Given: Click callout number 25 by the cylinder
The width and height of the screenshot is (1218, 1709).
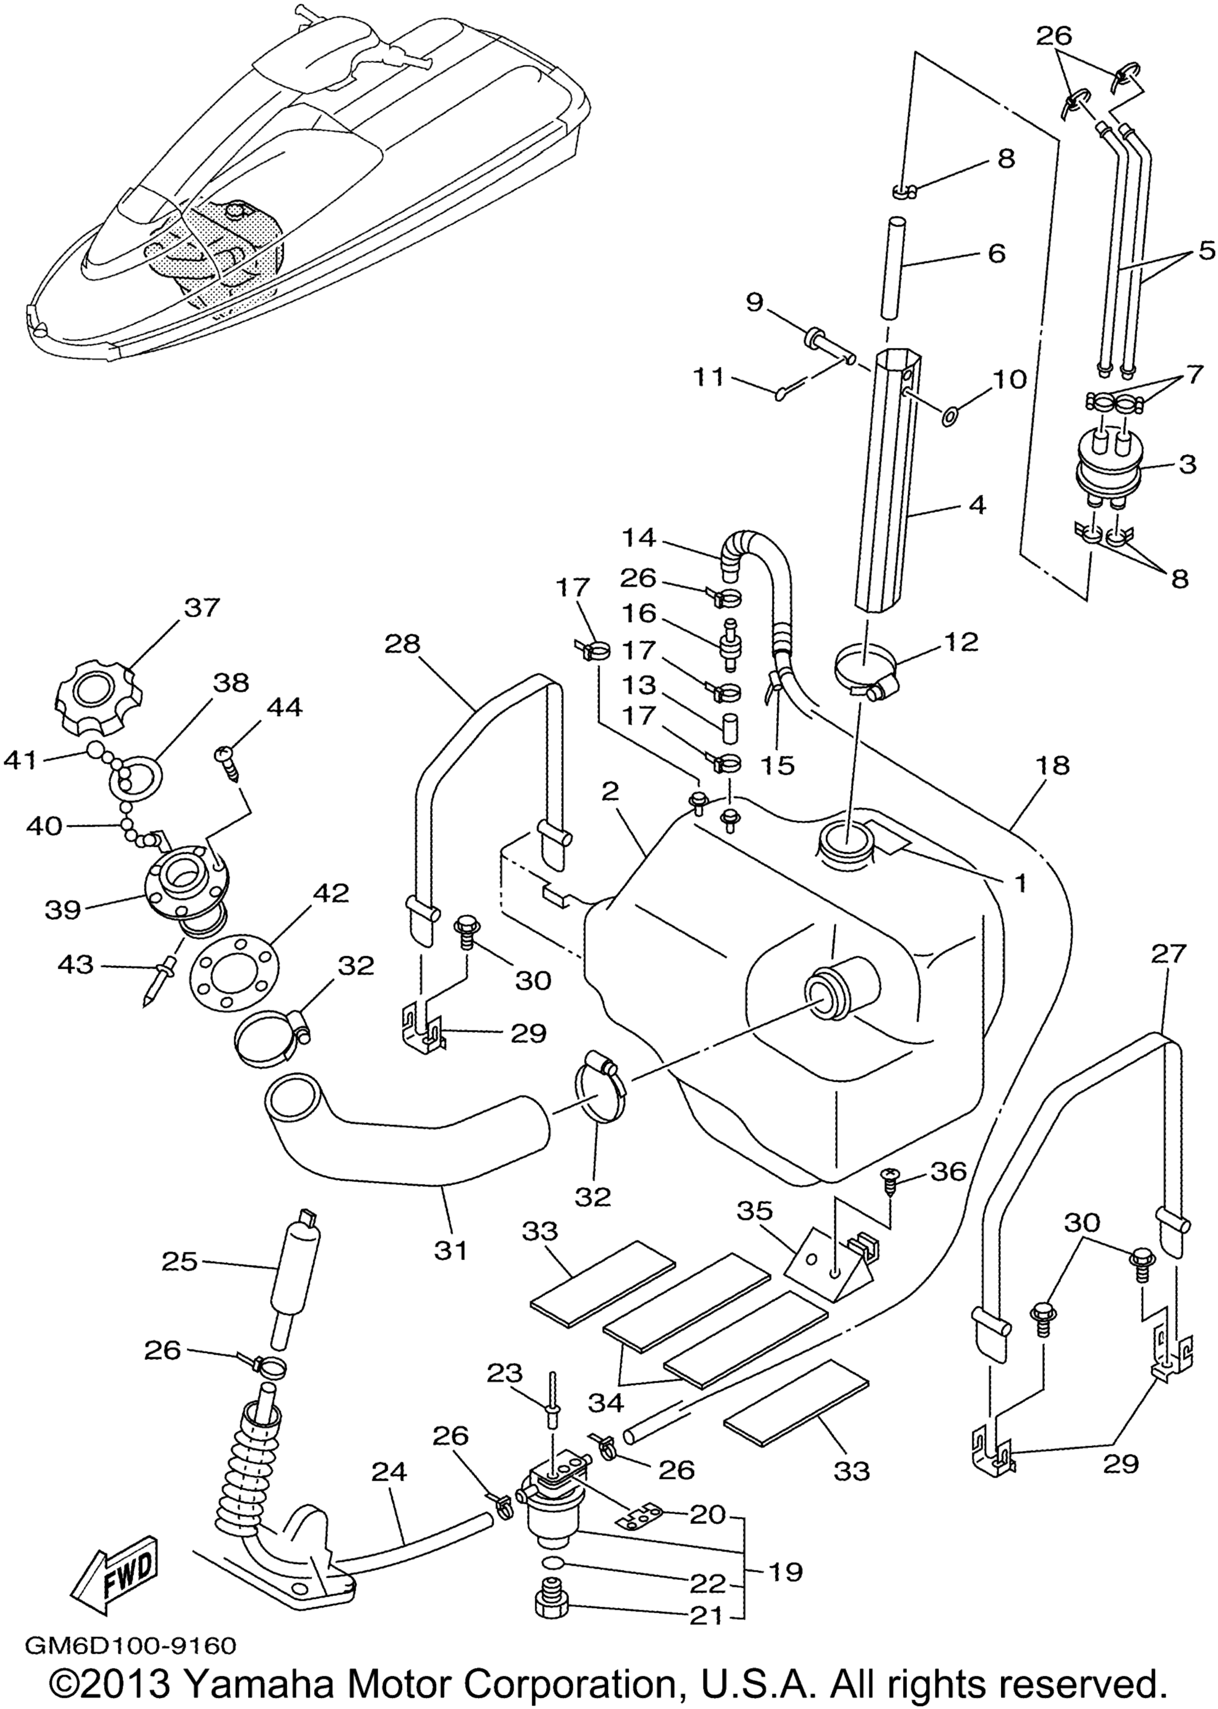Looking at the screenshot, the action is [x=179, y=1262].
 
